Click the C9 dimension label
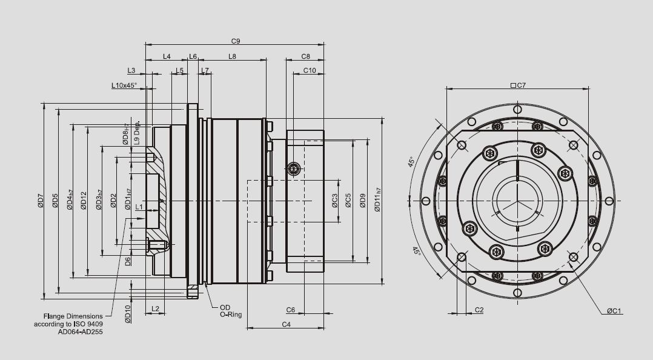click(x=236, y=41)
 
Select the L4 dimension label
click(x=167, y=56)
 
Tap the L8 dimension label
click(x=232, y=56)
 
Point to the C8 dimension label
click(x=306, y=56)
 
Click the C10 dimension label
click(x=309, y=70)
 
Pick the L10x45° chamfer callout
click(x=124, y=85)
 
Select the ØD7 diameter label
click(x=41, y=201)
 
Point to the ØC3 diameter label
click(x=334, y=201)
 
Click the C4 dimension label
click(x=287, y=325)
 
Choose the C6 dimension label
click(x=290, y=310)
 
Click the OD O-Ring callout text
click(x=230, y=311)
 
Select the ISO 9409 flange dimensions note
click(x=72, y=324)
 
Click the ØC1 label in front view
click(x=615, y=311)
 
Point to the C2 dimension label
click(x=479, y=310)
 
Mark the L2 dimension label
click(x=154, y=309)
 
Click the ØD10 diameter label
click(x=128, y=314)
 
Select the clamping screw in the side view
click(x=294, y=168)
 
